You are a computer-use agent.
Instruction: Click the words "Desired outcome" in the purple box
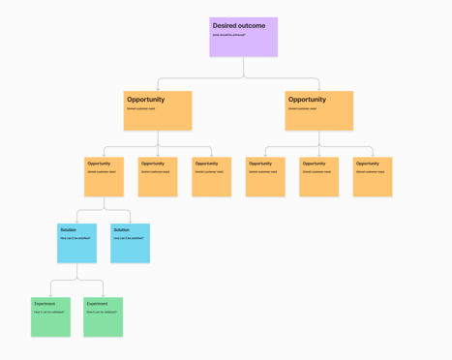click(238, 25)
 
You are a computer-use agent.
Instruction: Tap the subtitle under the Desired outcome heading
click(228, 35)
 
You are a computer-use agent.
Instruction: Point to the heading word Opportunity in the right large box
click(307, 100)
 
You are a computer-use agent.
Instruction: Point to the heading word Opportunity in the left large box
click(145, 100)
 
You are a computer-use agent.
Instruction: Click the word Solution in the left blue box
click(68, 230)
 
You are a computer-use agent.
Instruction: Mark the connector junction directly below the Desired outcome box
click(244, 78)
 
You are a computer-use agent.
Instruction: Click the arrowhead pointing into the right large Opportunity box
click(319, 89)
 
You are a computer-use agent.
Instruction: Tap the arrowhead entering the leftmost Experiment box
click(50, 295)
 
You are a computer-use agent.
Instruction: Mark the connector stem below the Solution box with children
click(77, 273)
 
